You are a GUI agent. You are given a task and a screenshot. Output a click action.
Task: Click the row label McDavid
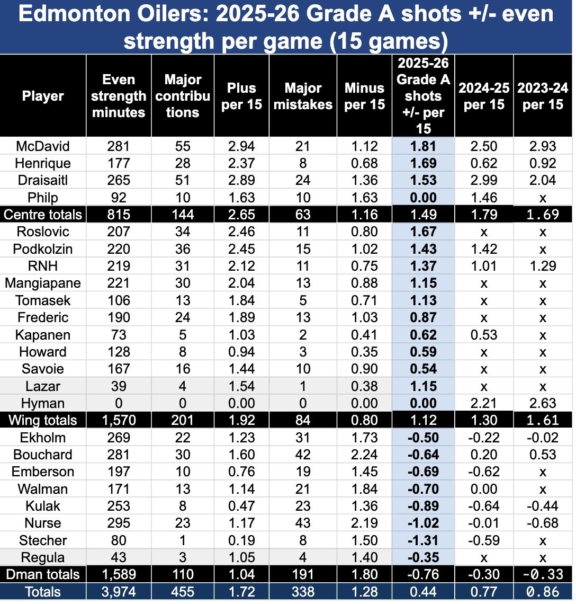coord(43,146)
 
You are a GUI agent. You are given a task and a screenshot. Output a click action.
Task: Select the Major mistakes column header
coord(303,96)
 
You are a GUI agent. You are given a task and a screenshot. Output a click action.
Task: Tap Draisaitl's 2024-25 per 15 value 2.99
coord(483,180)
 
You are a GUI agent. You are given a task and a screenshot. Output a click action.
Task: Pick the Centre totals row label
coord(43,215)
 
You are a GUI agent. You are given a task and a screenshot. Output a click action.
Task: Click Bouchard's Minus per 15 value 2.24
coord(364,455)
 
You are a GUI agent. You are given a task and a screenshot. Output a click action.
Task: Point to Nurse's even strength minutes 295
coord(119,523)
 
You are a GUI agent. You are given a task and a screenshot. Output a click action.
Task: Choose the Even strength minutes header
coord(119,96)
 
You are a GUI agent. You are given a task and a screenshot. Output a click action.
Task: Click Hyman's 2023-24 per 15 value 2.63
coord(543,403)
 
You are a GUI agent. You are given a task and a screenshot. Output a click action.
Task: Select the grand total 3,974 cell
coord(119,592)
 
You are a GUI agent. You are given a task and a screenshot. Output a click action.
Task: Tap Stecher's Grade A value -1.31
coord(423,540)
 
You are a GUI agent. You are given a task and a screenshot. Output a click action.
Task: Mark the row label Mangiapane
coord(43,283)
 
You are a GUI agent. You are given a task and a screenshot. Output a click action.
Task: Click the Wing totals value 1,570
coord(119,421)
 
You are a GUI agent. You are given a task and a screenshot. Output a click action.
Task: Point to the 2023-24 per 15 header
coord(543,96)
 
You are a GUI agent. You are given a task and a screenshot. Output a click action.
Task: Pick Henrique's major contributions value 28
coord(183,163)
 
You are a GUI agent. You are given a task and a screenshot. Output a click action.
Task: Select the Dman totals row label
coord(43,574)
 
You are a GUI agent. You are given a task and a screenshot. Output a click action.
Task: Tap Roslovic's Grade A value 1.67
coord(423,232)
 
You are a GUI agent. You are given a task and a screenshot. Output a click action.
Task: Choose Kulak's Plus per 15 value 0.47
coord(241,506)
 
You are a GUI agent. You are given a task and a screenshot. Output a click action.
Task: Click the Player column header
coord(43,96)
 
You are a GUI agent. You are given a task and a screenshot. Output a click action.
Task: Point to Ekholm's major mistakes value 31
coord(303,438)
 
